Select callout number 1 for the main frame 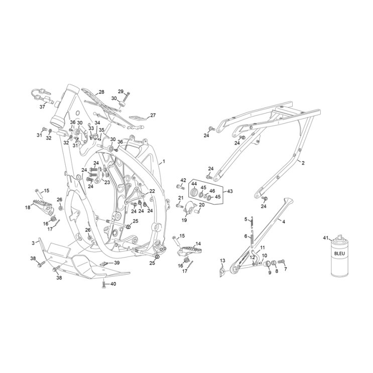[x=164, y=163]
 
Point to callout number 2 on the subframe [x=303, y=163]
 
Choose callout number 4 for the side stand [x=284, y=221]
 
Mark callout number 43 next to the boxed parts [x=230, y=191]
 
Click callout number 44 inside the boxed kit [x=194, y=184]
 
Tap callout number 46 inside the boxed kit [x=211, y=191]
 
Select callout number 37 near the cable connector [x=43, y=106]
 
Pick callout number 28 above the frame [x=101, y=92]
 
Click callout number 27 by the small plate [x=153, y=115]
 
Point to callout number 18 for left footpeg [x=28, y=207]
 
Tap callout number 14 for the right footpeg [x=198, y=243]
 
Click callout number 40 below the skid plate [x=113, y=284]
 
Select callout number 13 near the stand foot [x=223, y=261]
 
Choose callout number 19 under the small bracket [x=184, y=220]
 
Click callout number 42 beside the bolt [x=183, y=180]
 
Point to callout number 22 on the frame [x=152, y=191]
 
